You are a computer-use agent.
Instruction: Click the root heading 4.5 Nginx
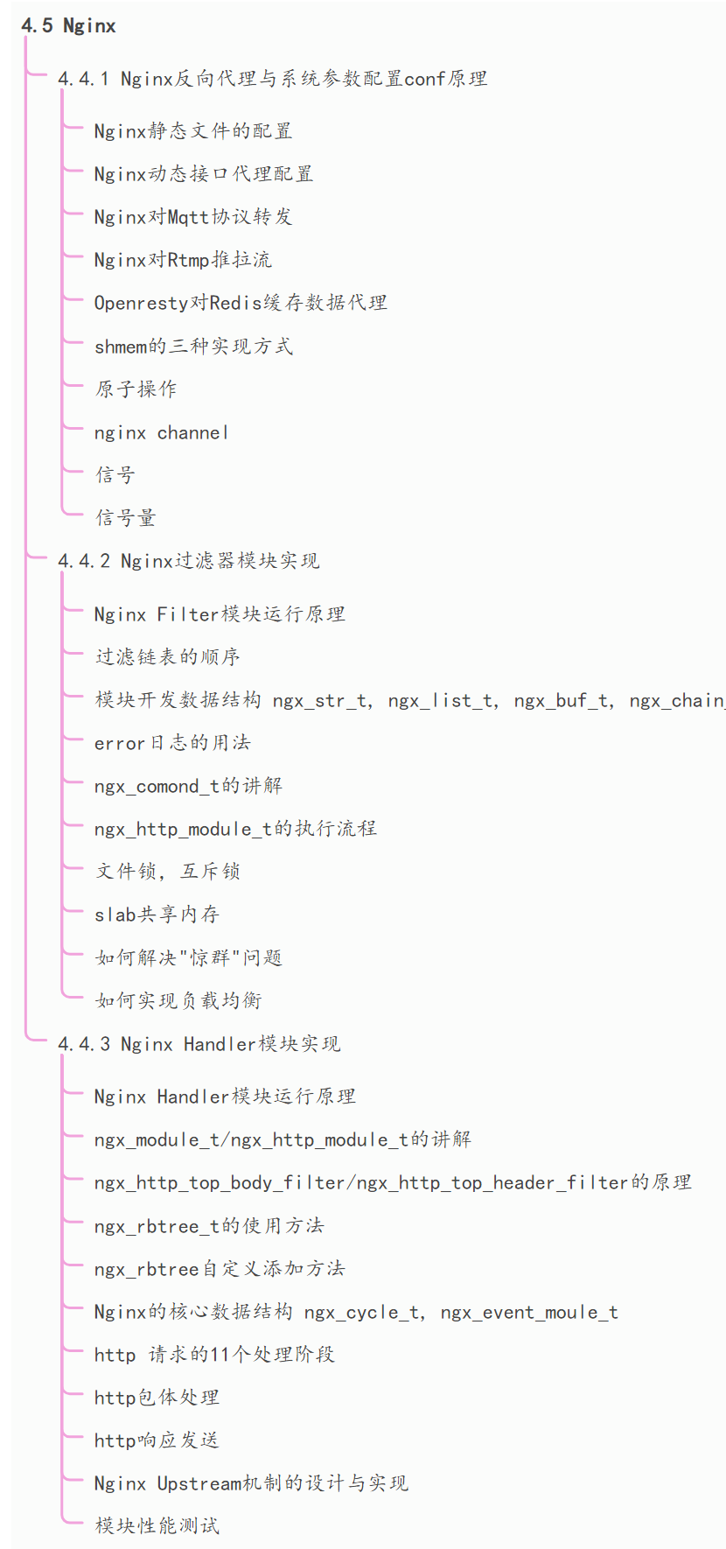[x=68, y=26]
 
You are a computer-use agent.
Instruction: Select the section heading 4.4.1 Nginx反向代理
[x=272, y=79]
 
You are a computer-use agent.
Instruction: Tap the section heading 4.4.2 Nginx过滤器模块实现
[x=188, y=561]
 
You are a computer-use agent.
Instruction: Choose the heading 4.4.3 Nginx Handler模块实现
[x=199, y=1044]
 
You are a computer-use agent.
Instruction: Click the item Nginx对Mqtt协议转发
[x=192, y=217]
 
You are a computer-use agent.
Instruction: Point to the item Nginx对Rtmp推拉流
[x=183, y=260]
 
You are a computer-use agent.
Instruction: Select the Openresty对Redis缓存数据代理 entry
[x=241, y=303]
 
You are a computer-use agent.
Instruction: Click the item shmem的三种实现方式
[x=193, y=346]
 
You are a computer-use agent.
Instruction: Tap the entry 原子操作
[x=136, y=389]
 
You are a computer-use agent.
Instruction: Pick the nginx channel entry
[x=161, y=432]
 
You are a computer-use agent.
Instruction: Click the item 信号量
[x=125, y=518]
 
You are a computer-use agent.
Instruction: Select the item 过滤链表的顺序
[x=167, y=657]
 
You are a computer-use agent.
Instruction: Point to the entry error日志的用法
[x=172, y=743]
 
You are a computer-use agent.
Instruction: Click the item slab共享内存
[x=157, y=915]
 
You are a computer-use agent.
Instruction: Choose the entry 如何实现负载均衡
[x=178, y=1000]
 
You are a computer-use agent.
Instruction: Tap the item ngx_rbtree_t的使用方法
[x=209, y=1226]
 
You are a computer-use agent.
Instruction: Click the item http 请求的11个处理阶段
[x=214, y=1355]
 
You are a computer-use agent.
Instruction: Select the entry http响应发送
[x=157, y=1440]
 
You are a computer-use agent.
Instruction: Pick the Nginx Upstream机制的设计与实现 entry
[x=251, y=1483]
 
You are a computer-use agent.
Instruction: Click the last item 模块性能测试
[x=157, y=1526]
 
